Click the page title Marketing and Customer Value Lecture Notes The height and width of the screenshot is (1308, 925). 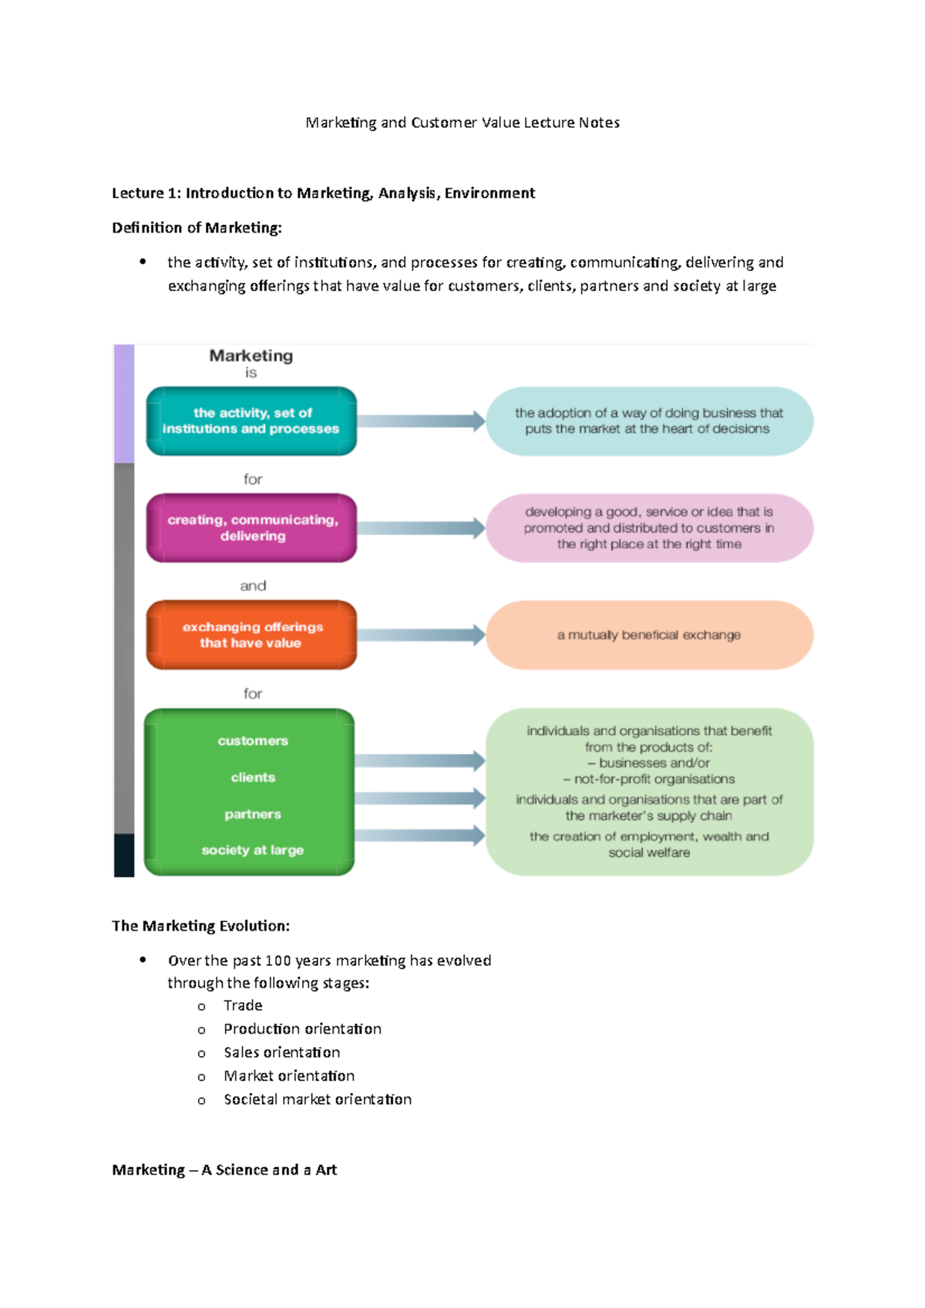coord(462,122)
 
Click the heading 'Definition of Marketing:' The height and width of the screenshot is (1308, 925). coord(197,228)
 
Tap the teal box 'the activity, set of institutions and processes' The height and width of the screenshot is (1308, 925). coord(251,421)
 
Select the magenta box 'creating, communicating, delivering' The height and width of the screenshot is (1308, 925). coord(251,528)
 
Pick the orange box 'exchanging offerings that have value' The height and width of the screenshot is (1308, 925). coord(251,635)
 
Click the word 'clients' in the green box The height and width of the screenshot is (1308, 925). coord(253,777)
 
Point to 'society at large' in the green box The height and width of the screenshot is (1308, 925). coord(253,850)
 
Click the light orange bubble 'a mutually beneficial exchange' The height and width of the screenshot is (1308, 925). coord(649,635)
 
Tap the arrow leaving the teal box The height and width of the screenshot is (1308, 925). coord(420,421)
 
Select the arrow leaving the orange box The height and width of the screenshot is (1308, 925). coord(420,635)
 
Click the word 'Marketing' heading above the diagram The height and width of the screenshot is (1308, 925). coord(251,356)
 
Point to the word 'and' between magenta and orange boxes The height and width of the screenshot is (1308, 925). coord(253,586)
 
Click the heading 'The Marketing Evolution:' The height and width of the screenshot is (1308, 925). coord(200,926)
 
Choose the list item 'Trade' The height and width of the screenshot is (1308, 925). coord(243,1006)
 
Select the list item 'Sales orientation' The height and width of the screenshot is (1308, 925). coord(281,1053)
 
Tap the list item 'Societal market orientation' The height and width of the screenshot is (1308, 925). coord(318,1100)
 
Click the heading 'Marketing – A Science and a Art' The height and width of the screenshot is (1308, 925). coord(224,1170)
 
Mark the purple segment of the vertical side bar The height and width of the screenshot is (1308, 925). coord(124,403)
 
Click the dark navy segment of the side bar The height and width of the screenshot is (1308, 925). coord(124,855)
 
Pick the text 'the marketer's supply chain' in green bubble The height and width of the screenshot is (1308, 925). coord(649,816)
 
